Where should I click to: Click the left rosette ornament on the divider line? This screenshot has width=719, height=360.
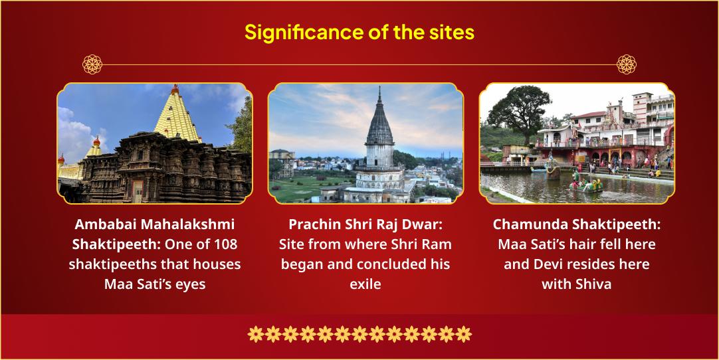(x=92, y=64)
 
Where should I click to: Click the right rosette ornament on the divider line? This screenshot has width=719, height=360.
(x=627, y=64)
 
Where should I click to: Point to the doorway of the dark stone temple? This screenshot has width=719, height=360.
(x=137, y=191)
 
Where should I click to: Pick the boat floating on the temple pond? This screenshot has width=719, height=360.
(x=585, y=185)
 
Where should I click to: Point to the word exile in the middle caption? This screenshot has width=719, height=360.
(x=365, y=284)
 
